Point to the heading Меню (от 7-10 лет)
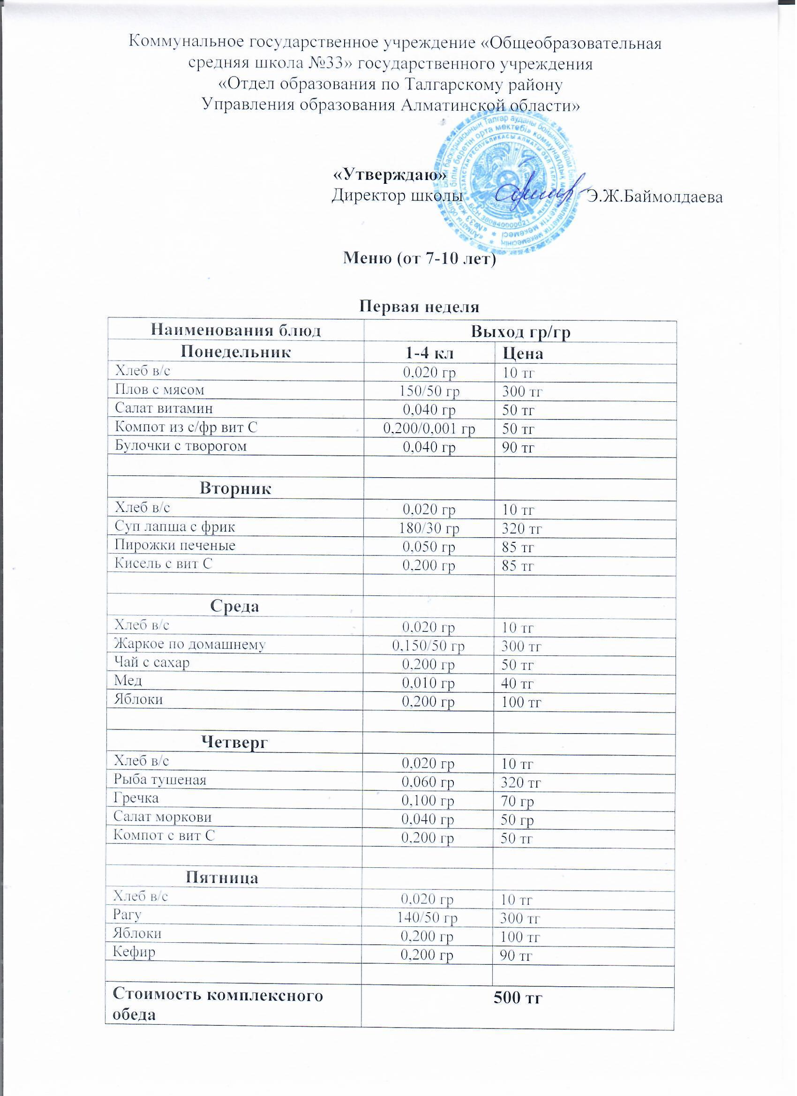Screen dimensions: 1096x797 [420, 259]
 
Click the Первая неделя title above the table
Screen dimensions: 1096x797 [420, 307]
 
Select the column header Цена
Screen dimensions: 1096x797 [523, 354]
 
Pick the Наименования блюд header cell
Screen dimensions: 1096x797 [236, 331]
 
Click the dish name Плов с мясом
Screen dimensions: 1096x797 [159, 390]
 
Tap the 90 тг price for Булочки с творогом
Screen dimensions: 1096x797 [518, 448]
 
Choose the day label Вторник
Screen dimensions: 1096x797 [236, 488]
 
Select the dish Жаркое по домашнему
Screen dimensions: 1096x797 [189, 644]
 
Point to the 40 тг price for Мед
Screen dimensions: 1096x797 [517, 683]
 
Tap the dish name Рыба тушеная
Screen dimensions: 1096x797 [159, 780]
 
